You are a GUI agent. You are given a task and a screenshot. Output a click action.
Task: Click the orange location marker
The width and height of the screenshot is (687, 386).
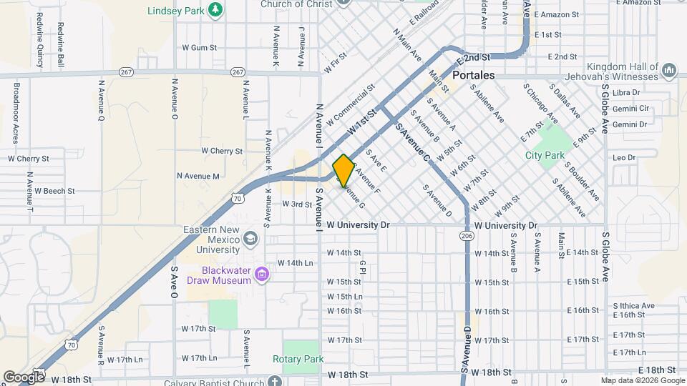(x=343, y=170)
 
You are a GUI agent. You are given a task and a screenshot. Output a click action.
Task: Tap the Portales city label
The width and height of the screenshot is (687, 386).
(x=474, y=75)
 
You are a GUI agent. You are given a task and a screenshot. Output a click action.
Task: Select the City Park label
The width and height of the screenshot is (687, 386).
(x=545, y=155)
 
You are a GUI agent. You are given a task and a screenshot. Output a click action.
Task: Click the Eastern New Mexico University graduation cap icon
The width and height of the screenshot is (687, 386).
(x=250, y=237)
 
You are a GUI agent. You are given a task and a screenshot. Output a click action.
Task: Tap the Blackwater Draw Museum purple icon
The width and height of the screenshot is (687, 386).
(x=262, y=274)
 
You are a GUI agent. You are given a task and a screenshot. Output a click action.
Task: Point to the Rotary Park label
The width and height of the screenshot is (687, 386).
(x=298, y=359)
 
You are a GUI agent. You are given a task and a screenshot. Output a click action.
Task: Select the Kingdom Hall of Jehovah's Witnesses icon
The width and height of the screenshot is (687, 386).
(x=669, y=70)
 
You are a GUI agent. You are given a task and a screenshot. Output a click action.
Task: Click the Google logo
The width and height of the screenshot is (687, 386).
(x=23, y=377)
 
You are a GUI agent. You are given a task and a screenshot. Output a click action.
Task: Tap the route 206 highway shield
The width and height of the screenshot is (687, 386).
(x=467, y=234)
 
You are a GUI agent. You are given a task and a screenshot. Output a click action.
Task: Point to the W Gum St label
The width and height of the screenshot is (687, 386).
(x=199, y=47)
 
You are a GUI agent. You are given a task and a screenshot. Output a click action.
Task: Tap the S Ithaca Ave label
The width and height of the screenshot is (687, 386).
(x=633, y=306)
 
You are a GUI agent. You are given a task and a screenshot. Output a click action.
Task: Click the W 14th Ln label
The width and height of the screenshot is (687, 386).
(x=296, y=263)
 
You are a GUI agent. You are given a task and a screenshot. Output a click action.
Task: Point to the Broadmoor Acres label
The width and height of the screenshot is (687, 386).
(x=16, y=113)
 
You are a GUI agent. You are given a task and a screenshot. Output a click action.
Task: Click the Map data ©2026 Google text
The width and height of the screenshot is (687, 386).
(x=641, y=380)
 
